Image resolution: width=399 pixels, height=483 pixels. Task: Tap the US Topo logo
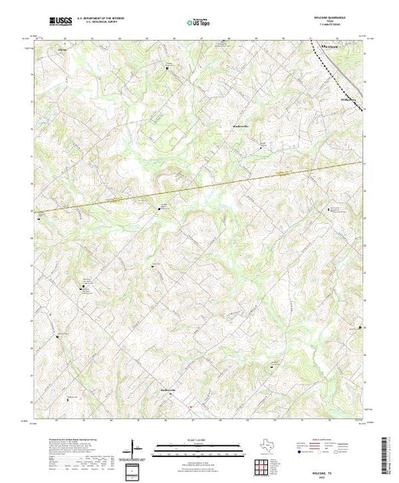click(x=199, y=23)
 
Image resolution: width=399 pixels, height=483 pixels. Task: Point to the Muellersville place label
click(x=242, y=123)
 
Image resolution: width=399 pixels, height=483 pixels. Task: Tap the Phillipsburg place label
click(x=350, y=98)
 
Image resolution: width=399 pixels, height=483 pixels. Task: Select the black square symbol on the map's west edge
click(x=38, y=216)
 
